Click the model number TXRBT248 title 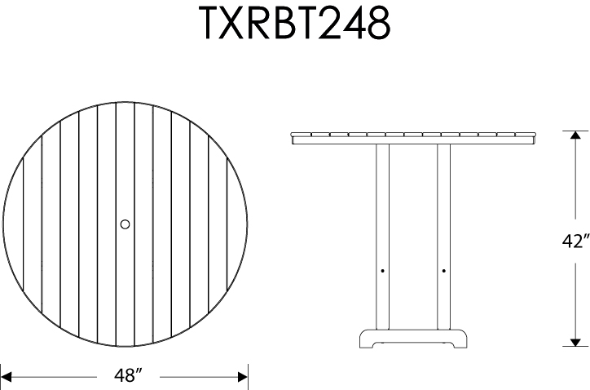click(295, 25)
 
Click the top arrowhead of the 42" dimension click(575, 136)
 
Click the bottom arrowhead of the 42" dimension click(575, 340)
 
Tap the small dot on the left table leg click(382, 269)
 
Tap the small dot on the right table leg click(443, 269)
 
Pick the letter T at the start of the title click(211, 25)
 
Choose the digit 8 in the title click(377, 25)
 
